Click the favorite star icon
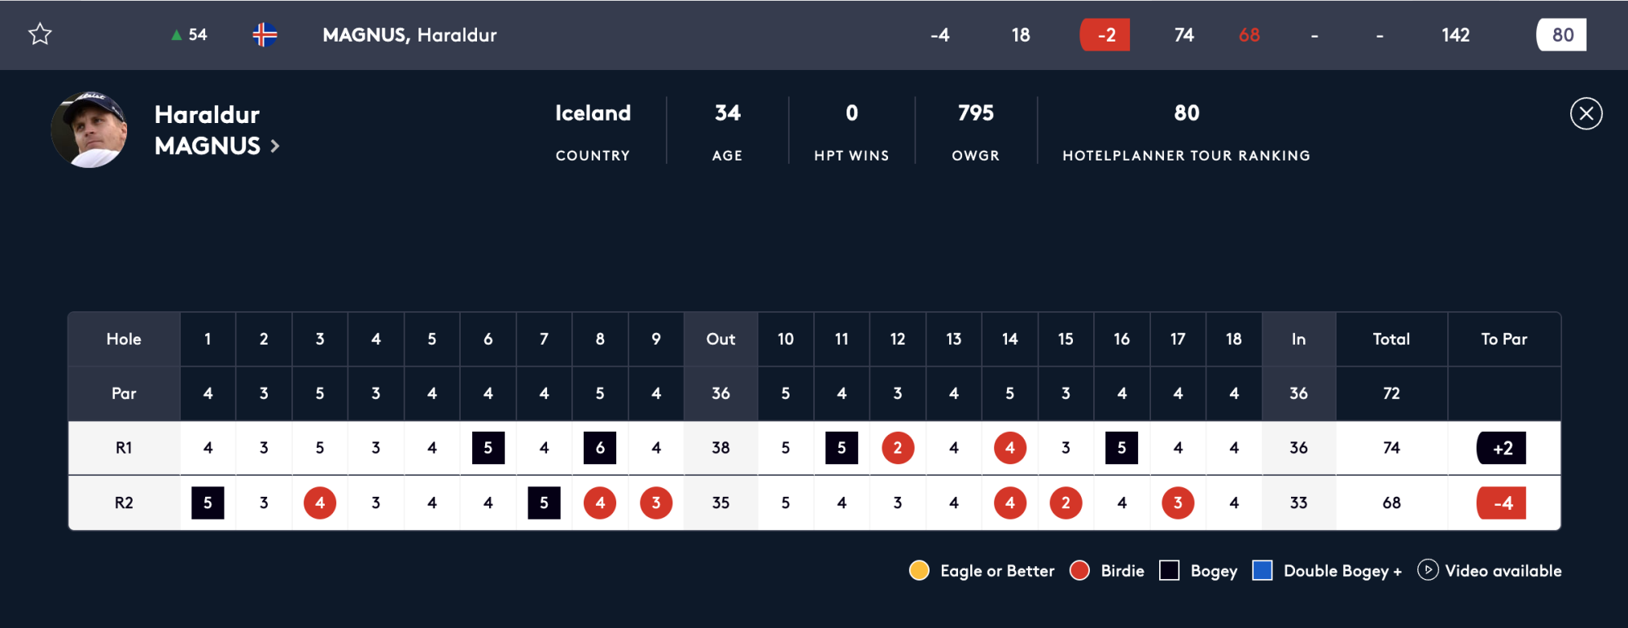click(40, 34)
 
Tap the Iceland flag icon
click(265, 35)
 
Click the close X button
click(1586, 114)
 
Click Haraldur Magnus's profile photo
click(89, 130)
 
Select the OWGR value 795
click(975, 113)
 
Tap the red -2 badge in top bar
click(1105, 35)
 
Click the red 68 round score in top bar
click(1249, 35)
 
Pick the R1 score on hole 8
click(600, 448)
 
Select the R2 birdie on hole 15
click(1066, 503)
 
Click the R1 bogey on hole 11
click(842, 448)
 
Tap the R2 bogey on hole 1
click(208, 503)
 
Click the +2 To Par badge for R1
click(1502, 448)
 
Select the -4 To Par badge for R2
click(1502, 503)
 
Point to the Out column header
click(720, 339)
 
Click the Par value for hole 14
click(1009, 393)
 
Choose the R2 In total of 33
click(1298, 503)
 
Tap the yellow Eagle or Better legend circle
click(919, 570)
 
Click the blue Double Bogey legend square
click(1263, 570)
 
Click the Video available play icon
click(1428, 570)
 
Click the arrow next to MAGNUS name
click(275, 147)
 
